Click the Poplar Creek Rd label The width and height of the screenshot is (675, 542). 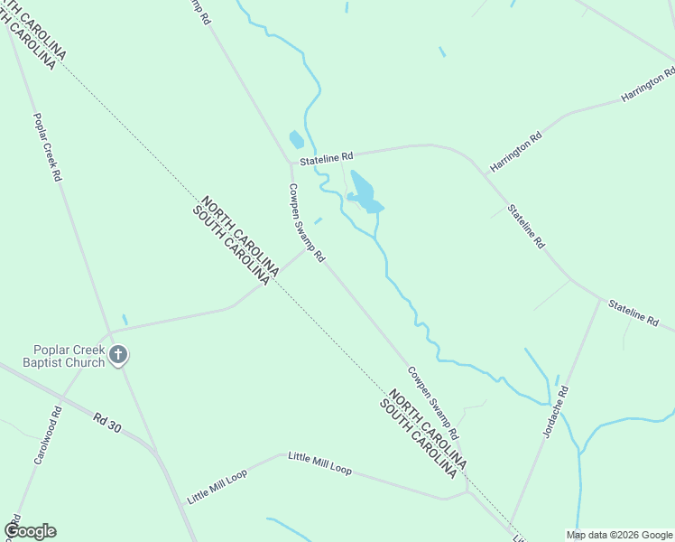46,147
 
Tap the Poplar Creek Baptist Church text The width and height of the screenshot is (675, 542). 69,357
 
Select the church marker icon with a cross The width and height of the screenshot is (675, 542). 117,356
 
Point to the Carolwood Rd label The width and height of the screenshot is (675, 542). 48,435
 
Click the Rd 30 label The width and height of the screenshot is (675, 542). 106,421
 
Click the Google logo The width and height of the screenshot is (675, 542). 30,531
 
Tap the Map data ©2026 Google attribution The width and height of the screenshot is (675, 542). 619,535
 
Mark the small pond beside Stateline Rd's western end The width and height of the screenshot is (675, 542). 296,140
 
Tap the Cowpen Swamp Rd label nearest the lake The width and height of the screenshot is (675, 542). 306,223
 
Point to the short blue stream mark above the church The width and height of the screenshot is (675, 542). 125,320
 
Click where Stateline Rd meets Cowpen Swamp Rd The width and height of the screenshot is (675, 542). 290,164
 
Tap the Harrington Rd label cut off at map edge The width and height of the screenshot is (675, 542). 648,84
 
